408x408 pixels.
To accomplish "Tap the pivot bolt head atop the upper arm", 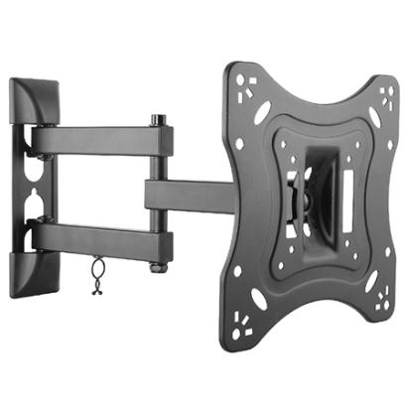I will (x=156, y=120).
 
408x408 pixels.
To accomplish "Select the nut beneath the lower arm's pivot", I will (x=156, y=267).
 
